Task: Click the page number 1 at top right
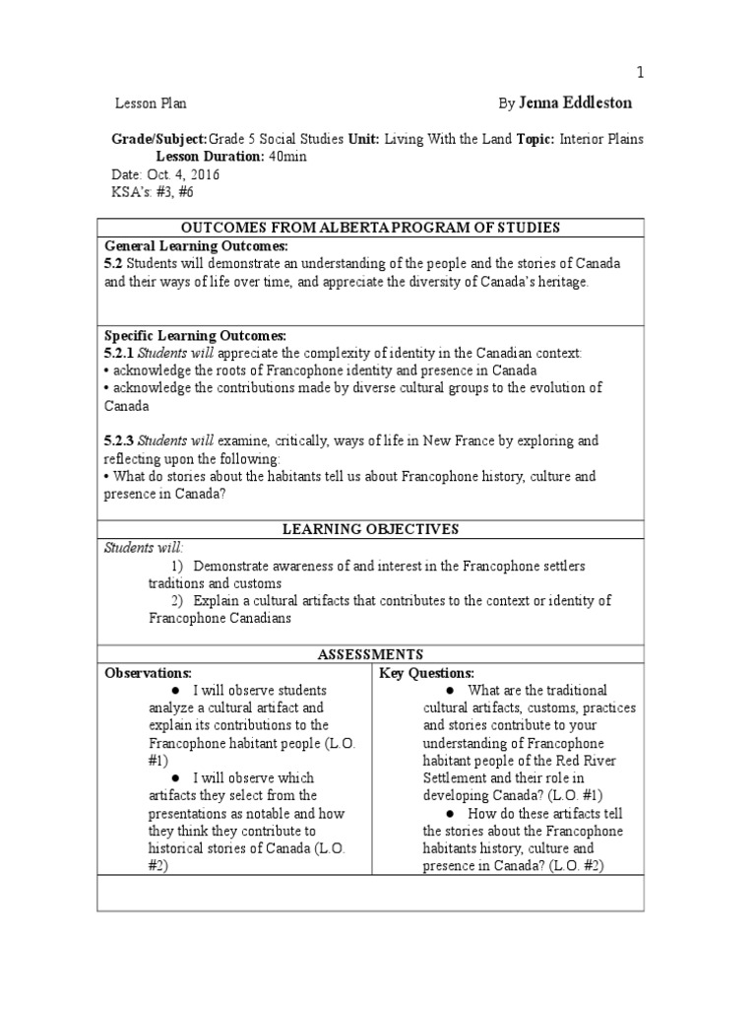(x=639, y=73)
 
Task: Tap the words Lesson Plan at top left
(x=151, y=102)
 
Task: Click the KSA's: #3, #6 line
(x=158, y=192)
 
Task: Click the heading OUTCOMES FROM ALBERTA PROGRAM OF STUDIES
(x=370, y=228)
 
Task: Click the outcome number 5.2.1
(x=118, y=353)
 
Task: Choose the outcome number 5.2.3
(x=118, y=440)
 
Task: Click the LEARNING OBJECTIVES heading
(x=370, y=529)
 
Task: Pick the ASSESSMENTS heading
(x=370, y=653)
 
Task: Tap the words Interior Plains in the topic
(x=601, y=139)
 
